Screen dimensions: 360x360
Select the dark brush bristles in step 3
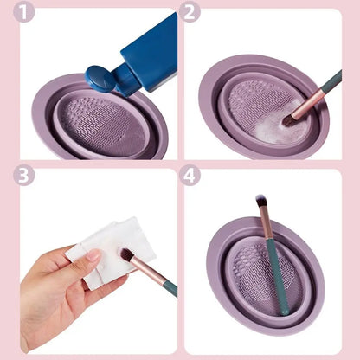[126, 256]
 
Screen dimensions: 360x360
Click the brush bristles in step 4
[260, 202]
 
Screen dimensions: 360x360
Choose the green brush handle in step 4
[275, 277]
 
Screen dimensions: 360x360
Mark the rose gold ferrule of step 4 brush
[266, 227]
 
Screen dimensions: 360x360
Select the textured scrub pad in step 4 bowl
[254, 273]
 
